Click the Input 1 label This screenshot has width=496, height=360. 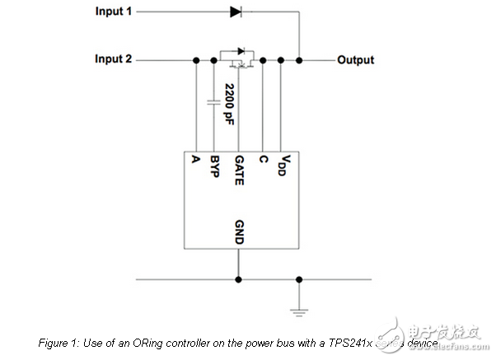tap(114, 12)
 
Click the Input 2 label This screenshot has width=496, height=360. tap(114, 59)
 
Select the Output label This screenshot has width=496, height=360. tap(355, 60)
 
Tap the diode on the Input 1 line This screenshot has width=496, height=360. tap(236, 12)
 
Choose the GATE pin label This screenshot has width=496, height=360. tap(239, 170)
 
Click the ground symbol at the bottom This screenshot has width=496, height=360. tap(299, 311)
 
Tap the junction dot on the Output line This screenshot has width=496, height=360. tap(299, 60)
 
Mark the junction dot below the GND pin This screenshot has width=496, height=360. tap(239, 278)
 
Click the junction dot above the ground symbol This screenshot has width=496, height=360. tap(299, 278)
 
